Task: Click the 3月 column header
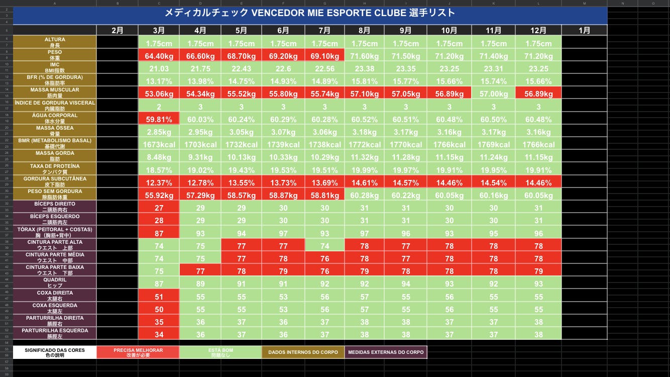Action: (159, 30)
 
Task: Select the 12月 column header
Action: (538, 30)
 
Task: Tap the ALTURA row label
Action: (55, 42)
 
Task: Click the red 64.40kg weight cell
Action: (159, 56)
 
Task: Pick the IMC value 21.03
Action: (159, 68)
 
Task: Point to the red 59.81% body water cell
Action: (159, 119)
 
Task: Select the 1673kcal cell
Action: (159, 144)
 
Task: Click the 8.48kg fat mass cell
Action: (159, 157)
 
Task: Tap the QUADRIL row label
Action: (55, 282)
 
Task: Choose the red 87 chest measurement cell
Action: (159, 233)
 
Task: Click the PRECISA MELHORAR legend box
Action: (138, 352)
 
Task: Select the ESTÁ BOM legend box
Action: (220, 352)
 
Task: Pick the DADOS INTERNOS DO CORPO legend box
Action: (303, 352)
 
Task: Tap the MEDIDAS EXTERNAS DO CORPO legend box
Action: (386, 352)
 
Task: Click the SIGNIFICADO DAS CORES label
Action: (55, 352)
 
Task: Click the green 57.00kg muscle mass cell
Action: (494, 93)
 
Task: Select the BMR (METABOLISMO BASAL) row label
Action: (55, 143)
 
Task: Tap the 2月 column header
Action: (117, 30)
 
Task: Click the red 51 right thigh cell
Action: (159, 297)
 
